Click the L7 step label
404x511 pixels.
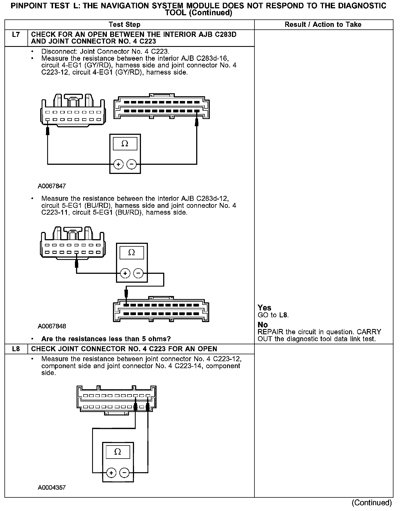pos(16,35)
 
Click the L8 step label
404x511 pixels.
pos(16,349)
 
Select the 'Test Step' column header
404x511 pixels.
pos(125,25)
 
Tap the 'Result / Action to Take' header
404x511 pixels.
pos(323,25)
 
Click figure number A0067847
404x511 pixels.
pos(52,186)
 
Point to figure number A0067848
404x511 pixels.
pos(52,326)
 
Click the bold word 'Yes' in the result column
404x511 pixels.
pos(264,308)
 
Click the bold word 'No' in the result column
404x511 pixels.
pos(262,325)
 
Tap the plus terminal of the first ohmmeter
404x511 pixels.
pos(118,165)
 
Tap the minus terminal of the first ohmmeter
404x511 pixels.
pos(131,165)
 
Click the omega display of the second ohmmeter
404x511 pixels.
pos(132,253)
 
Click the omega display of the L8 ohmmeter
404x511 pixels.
pos(118,452)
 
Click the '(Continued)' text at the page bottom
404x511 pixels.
pos(372,502)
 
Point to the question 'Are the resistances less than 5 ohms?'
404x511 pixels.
pos(106,339)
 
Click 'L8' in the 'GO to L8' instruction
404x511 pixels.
pos(283,315)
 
